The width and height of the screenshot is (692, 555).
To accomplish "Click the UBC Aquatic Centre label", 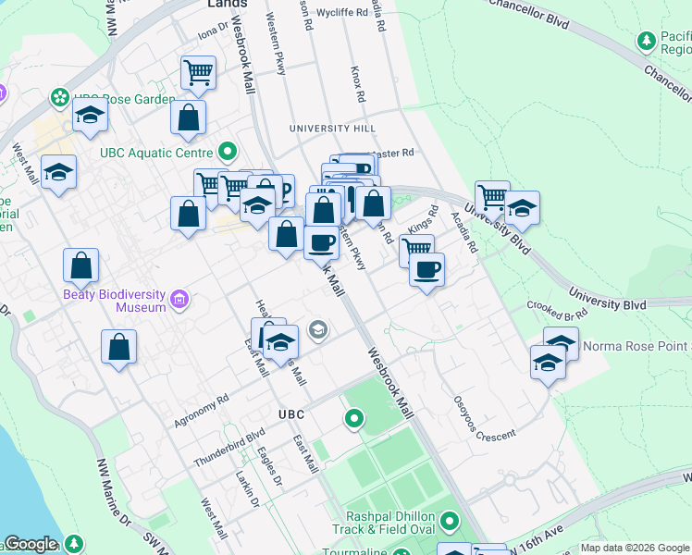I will pyautogui.click(x=155, y=152).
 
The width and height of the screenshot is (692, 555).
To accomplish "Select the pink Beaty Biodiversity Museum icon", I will pyautogui.click(x=179, y=300).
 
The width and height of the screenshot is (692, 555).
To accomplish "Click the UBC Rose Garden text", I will pyautogui.click(x=124, y=99).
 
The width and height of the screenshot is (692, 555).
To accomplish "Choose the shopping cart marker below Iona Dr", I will pyautogui.click(x=199, y=72).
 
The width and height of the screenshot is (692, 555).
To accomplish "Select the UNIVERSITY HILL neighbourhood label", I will pyautogui.click(x=332, y=128).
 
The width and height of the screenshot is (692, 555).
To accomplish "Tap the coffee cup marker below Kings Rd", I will pyautogui.click(x=426, y=269).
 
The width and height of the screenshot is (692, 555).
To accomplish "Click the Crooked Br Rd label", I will pyautogui.click(x=550, y=310).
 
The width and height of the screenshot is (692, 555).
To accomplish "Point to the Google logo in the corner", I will pyautogui.click(x=31, y=545).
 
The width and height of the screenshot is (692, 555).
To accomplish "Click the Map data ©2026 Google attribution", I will pyautogui.click(x=635, y=548).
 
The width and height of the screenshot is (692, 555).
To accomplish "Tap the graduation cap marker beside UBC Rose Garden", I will pyautogui.click(x=90, y=115).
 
